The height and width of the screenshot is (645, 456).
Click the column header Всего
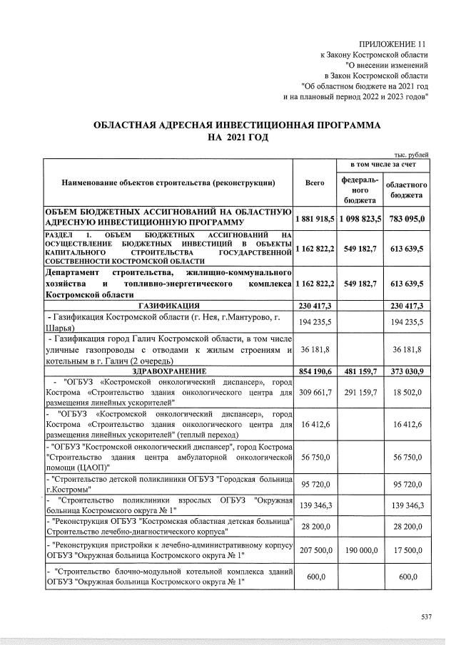tap(315, 183)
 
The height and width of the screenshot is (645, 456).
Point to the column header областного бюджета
tap(406, 189)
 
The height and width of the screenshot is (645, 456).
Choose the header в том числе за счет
tap(383, 165)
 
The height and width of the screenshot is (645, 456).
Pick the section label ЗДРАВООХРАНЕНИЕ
tap(168, 371)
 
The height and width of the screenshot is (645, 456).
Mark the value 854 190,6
tap(315, 371)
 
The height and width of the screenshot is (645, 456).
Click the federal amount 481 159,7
tap(360, 371)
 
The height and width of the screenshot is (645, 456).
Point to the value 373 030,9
tap(406, 371)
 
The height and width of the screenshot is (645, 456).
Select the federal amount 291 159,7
tap(360, 392)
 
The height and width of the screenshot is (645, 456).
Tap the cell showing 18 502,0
tap(406, 392)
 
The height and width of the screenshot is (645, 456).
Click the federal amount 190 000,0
tap(360, 551)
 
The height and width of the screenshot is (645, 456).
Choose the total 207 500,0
tap(315, 551)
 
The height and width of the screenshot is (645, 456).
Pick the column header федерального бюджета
tap(360, 189)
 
